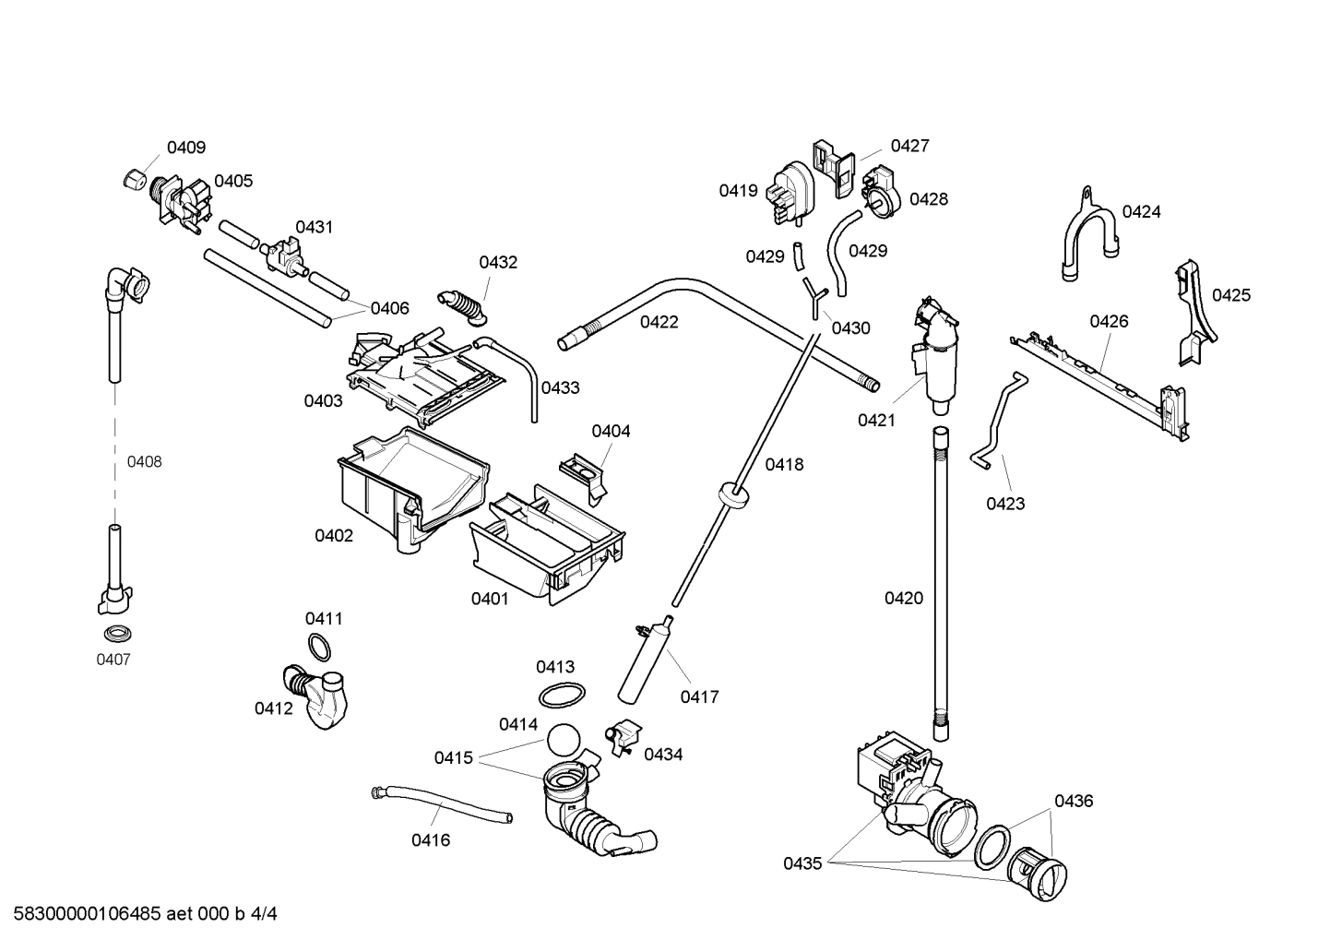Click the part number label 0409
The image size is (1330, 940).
click(185, 148)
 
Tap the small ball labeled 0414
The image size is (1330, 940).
click(564, 740)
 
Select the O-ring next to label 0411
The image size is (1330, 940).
click(318, 648)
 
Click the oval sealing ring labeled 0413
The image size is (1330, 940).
click(561, 696)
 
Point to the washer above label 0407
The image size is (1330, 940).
click(116, 634)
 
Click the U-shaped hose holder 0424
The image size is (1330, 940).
click(1088, 235)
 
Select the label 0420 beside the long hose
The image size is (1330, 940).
click(903, 599)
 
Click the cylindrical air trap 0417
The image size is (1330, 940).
click(642, 661)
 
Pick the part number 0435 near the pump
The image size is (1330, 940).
click(802, 863)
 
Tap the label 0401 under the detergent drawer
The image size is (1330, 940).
click(490, 600)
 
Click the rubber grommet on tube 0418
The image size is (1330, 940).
click(732, 494)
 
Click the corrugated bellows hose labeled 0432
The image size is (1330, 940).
click(465, 306)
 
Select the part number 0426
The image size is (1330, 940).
click(1109, 322)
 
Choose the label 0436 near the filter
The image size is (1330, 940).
click(1074, 802)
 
